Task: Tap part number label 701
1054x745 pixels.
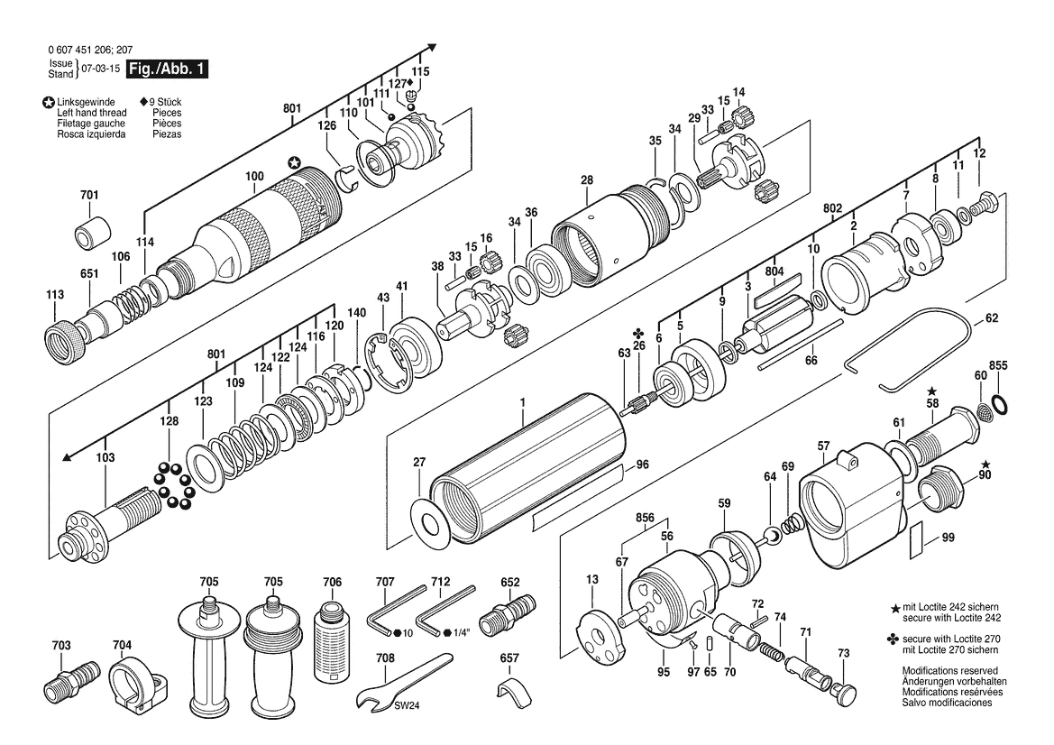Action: (x=89, y=195)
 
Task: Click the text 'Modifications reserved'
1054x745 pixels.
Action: (x=949, y=670)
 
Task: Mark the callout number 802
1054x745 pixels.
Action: (x=833, y=208)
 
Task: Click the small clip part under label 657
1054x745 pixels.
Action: (x=512, y=694)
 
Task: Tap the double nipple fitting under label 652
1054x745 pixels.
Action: (x=508, y=609)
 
